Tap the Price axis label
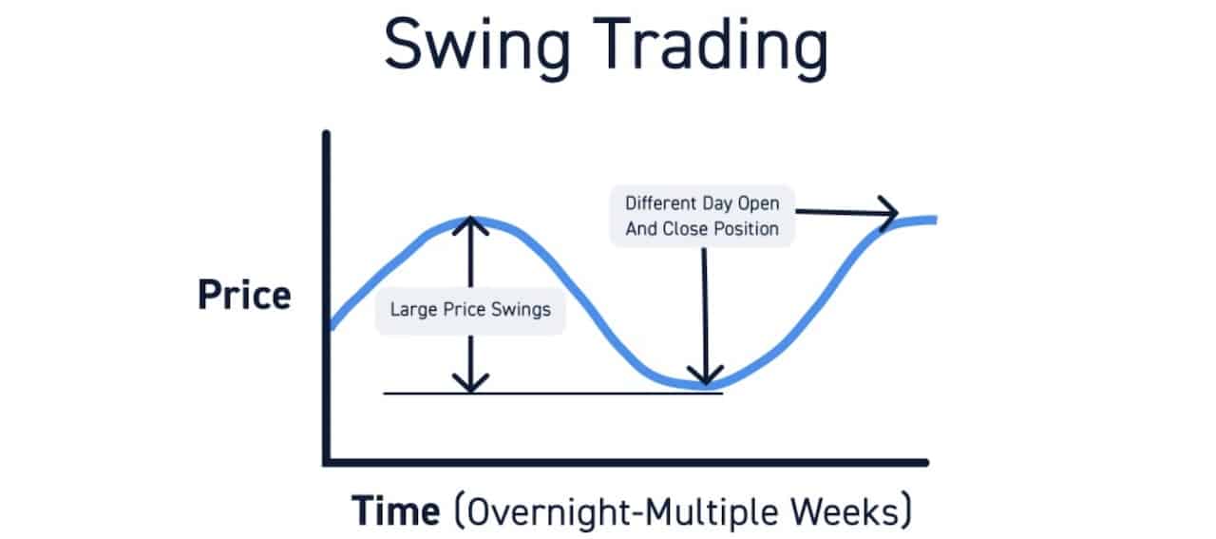(x=244, y=296)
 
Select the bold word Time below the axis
(x=396, y=511)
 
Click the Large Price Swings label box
(x=470, y=310)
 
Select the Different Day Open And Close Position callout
(x=701, y=216)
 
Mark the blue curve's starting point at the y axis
(x=330, y=326)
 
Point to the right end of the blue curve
(x=935, y=220)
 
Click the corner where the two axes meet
(x=327, y=462)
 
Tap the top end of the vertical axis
(x=327, y=134)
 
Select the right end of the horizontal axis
(x=925, y=462)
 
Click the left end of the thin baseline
(x=386, y=393)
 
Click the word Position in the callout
(x=746, y=228)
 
